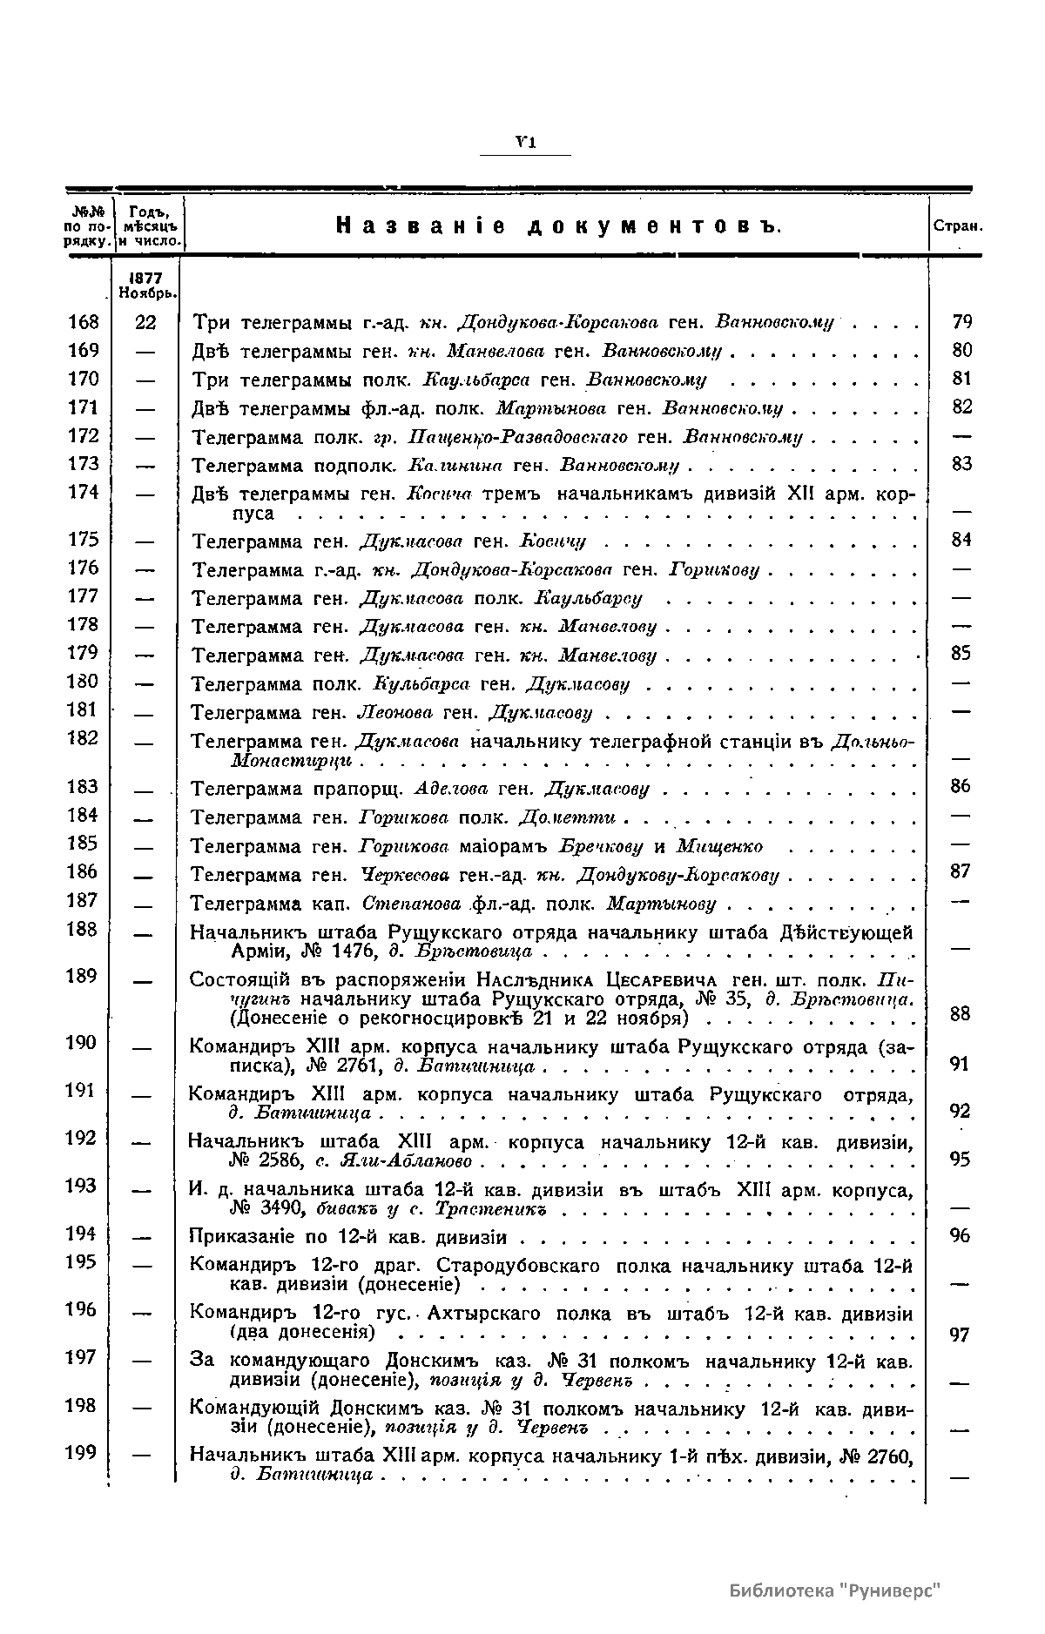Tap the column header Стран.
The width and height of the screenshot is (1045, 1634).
(958, 226)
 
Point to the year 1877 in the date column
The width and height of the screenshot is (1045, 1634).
(147, 276)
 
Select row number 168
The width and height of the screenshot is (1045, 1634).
(84, 322)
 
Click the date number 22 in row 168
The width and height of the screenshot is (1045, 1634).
(145, 322)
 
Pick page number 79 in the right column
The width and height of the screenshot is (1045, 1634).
(961, 322)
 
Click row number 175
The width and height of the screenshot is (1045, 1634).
(84, 540)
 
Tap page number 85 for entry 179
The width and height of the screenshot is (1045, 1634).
(961, 654)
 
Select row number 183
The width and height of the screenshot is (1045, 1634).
(84, 787)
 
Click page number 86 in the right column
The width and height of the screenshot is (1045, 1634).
(961, 787)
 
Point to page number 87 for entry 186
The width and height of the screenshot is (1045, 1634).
(961, 872)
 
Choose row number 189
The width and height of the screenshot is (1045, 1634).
(84, 976)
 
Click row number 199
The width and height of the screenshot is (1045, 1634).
(84, 1453)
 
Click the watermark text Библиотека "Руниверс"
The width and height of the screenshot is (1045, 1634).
(836, 1591)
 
